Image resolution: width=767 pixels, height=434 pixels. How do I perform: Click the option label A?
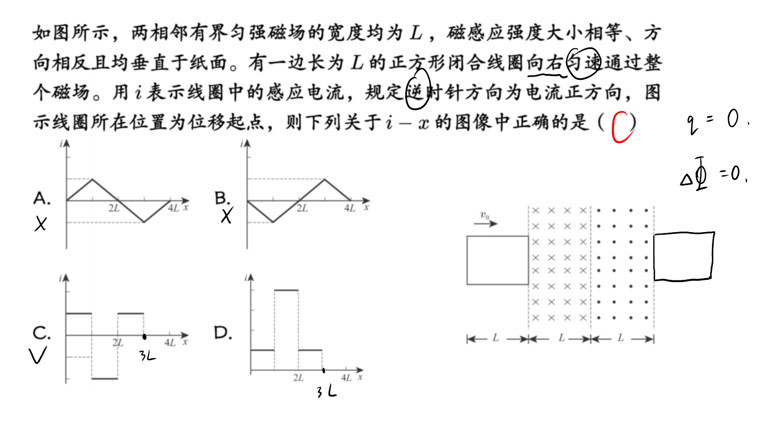(42, 198)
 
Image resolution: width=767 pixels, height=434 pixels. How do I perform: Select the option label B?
(222, 198)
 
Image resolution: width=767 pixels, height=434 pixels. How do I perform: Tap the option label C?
(42, 333)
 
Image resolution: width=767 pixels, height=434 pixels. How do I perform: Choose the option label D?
(223, 333)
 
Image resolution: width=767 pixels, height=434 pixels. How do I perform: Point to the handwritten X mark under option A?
(41, 224)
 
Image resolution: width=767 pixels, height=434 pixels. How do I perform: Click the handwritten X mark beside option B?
(227, 215)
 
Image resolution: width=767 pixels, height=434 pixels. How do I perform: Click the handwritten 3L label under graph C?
(148, 356)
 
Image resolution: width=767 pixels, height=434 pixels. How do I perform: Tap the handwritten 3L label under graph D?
(327, 391)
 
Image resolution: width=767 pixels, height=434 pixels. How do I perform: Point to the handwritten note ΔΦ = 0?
(714, 174)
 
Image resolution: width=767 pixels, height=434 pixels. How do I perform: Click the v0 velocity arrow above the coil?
(485, 224)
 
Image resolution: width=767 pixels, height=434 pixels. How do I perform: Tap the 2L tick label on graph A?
(114, 208)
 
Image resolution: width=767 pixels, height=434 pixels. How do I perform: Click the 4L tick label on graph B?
(350, 208)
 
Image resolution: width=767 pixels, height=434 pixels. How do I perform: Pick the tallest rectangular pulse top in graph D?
(286, 290)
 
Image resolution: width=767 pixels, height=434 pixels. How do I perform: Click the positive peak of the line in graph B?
(324, 179)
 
